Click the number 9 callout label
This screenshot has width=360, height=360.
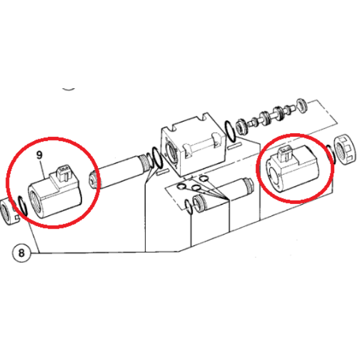click(x=40, y=155)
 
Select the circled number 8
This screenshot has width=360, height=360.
click(x=21, y=253)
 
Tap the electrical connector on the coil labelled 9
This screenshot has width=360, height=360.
click(x=65, y=172)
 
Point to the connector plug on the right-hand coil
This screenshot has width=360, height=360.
click(x=285, y=153)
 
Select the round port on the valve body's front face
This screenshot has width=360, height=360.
click(x=170, y=152)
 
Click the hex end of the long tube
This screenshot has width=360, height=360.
click(x=92, y=181)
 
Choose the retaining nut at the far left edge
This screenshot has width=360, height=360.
click(x=8, y=211)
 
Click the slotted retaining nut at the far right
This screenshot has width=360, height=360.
click(x=346, y=150)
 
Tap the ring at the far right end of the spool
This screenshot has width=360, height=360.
click(x=302, y=106)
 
